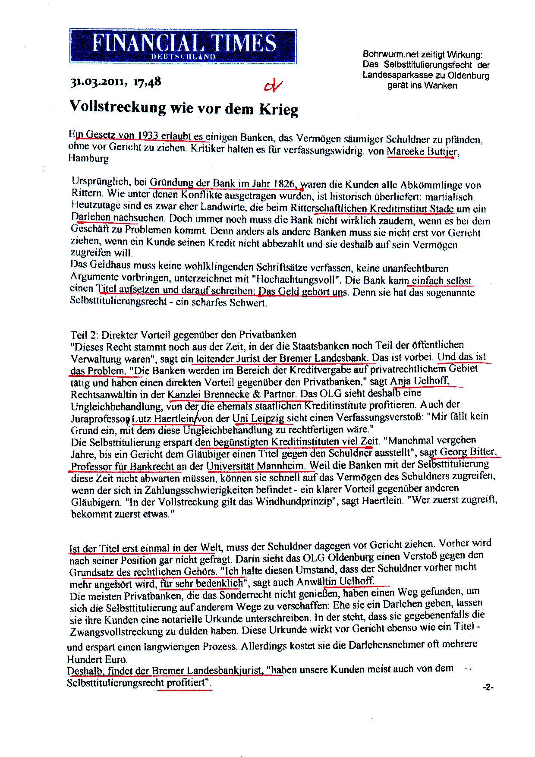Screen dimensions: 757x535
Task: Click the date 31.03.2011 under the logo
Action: click(x=98, y=82)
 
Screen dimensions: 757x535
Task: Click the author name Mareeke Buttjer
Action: click(x=421, y=151)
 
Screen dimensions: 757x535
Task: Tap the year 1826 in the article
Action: click(x=285, y=185)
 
